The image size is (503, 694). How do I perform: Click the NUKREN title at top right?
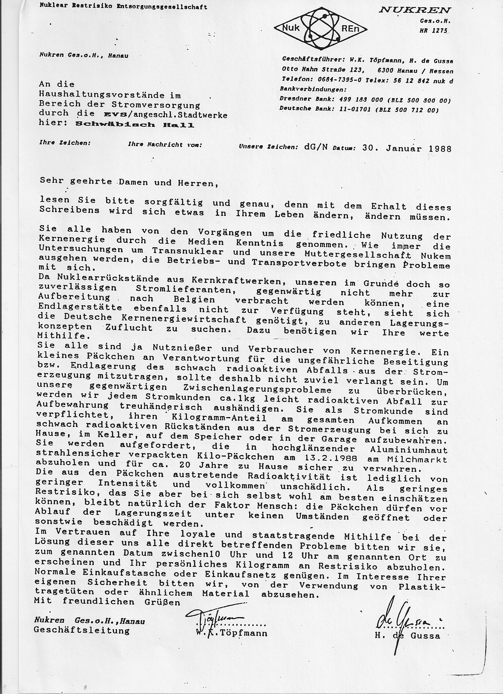click(x=415, y=10)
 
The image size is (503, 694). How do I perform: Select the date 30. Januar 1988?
click(x=406, y=148)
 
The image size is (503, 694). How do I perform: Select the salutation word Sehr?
click(x=51, y=181)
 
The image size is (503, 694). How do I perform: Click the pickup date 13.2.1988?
click(x=332, y=458)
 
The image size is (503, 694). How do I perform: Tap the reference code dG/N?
click(x=316, y=147)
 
